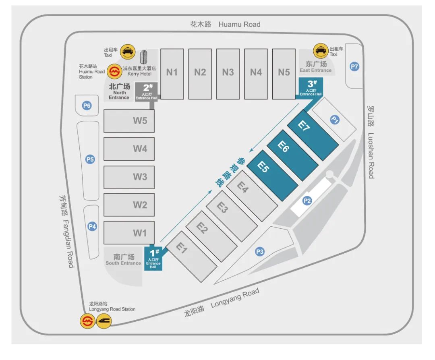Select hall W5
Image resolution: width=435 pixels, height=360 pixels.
click(129, 121)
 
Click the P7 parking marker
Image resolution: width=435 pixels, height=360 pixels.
click(354, 67)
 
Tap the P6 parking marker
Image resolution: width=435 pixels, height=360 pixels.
click(87, 106)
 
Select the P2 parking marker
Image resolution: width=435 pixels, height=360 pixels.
click(307, 201)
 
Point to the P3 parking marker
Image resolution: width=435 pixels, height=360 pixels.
click(260, 252)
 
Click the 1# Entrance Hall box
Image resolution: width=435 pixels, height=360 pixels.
click(153, 258)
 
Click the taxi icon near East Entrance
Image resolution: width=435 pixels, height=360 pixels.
click(321, 51)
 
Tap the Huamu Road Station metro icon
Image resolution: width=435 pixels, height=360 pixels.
click(115, 71)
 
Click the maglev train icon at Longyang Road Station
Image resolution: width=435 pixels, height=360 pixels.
click(104, 321)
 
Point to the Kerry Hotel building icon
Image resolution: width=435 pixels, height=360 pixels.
click(144, 58)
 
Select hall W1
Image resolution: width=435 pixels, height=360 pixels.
click(129, 233)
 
